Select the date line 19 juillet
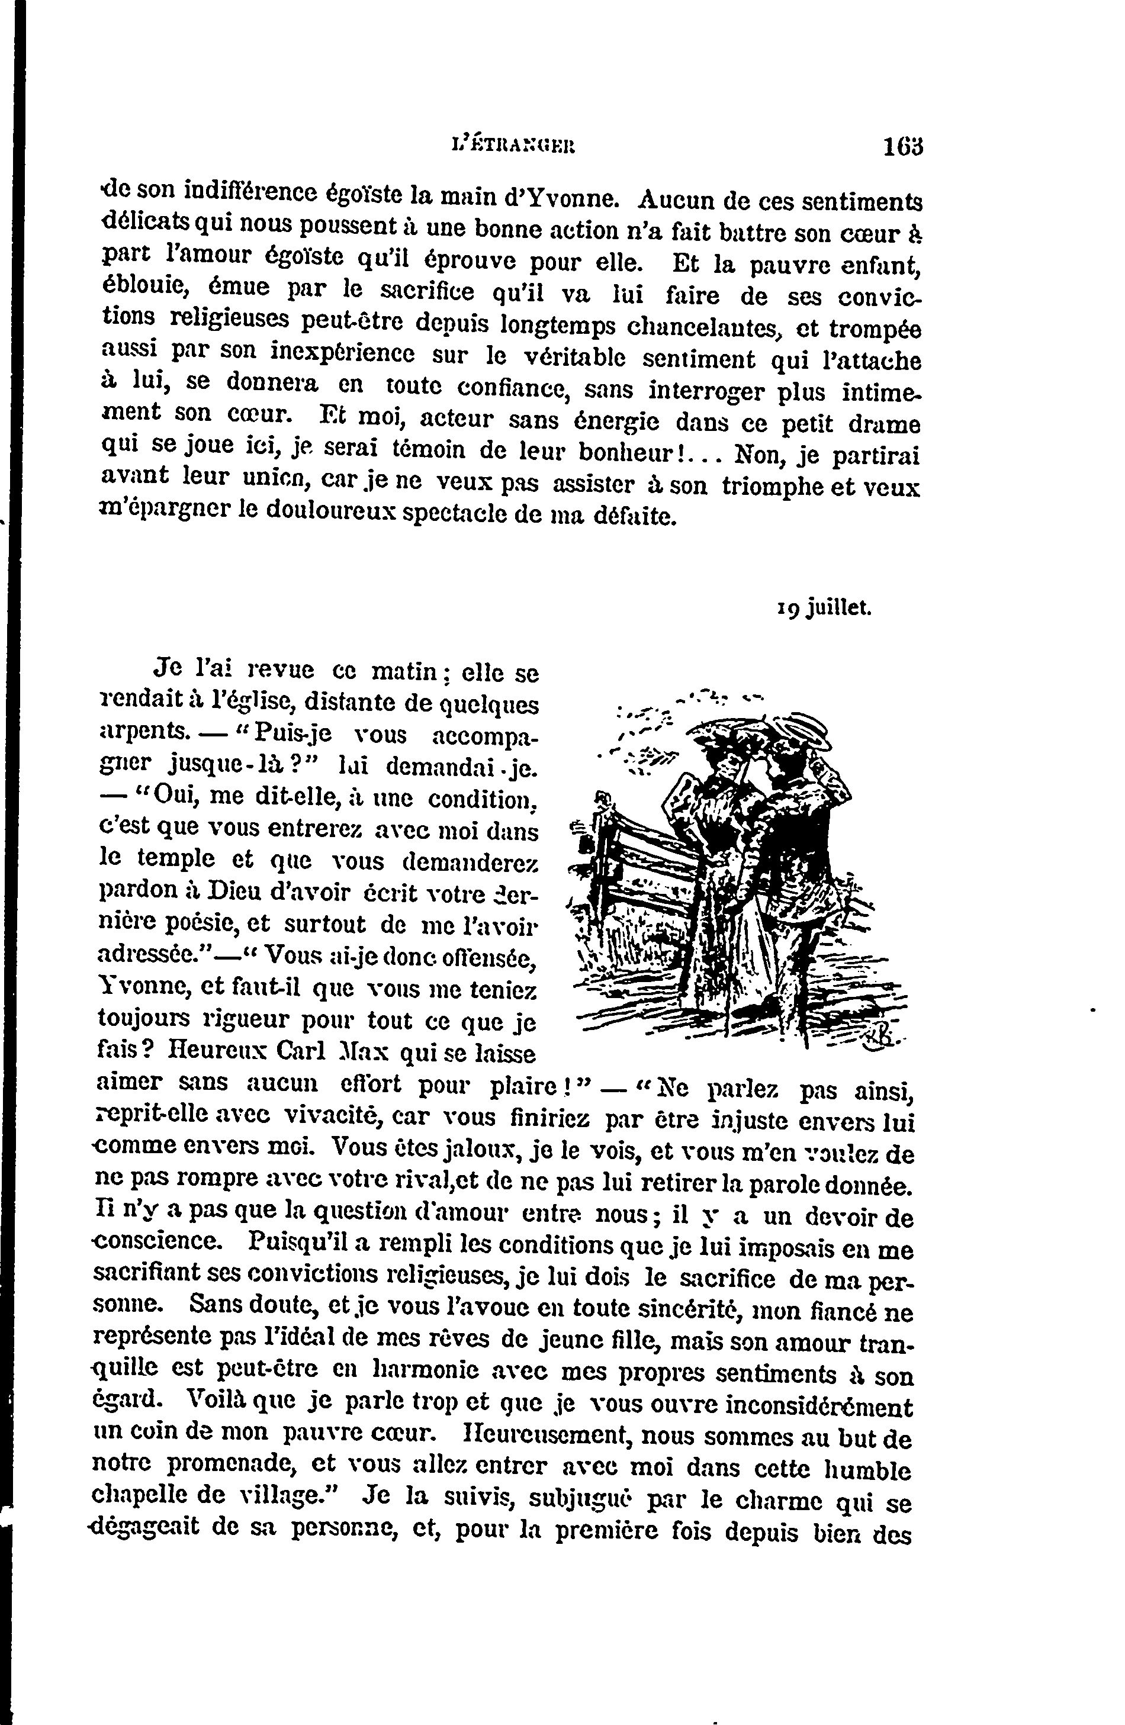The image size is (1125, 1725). pos(822,609)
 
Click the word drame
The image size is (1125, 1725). pos(885,423)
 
